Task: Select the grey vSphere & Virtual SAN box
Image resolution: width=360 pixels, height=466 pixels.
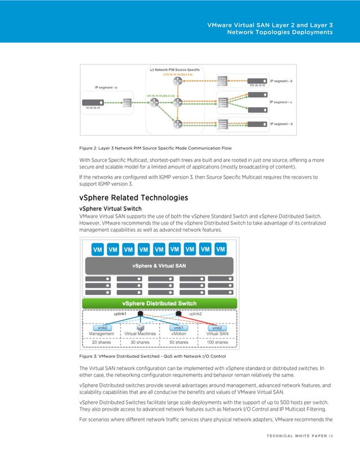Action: pos(160,265)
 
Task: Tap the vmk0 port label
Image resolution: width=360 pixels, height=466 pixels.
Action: pos(103,327)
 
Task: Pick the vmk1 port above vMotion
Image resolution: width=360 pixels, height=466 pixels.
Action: pos(179,327)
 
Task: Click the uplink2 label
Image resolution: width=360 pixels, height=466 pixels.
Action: pos(195,314)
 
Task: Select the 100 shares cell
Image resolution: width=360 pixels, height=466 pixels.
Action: pos(217,342)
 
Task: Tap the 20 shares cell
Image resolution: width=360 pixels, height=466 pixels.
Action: pos(102,342)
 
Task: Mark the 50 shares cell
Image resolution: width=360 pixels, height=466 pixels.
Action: pos(179,342)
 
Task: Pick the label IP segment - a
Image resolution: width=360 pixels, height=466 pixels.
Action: pos(107,87)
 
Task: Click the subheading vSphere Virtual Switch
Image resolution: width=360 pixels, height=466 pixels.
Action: pos(111,208)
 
